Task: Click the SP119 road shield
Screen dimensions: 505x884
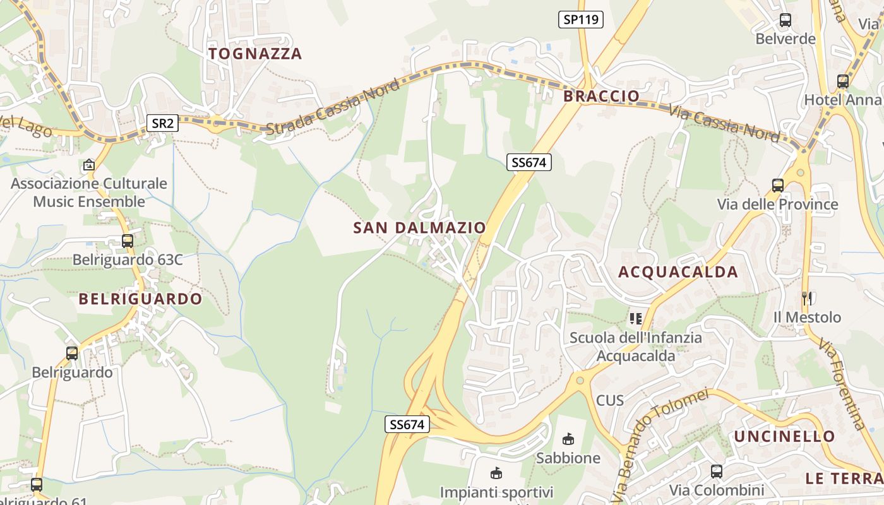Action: click(581, 20)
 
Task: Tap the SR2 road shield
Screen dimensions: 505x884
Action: click(162, 123)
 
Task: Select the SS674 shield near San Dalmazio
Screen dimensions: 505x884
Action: click(529, 162)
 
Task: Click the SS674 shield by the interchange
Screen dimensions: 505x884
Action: click(407, 424)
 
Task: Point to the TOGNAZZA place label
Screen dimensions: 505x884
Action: click(255, 54)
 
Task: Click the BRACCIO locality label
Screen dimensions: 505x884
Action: click(601, 96)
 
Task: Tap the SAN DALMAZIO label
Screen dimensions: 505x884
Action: click(420, 227)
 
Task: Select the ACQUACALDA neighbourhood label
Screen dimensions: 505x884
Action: click(678, 272)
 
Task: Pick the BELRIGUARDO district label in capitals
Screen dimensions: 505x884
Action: click(140, 299)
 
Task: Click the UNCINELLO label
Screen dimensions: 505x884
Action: click(784, 436)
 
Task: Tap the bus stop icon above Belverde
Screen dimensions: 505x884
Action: click(785, 20)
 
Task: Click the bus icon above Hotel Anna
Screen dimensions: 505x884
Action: click(842, 81)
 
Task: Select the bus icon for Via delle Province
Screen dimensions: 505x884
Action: click(777, 186)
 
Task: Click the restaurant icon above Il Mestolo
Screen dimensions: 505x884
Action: click(806, 298)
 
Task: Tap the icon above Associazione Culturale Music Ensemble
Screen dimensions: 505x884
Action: click(89, 165)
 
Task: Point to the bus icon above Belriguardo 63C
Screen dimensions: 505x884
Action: click(128, 241)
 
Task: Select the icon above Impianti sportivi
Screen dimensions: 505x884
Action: click(496, 473)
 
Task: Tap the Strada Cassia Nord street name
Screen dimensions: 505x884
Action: click(332, 107)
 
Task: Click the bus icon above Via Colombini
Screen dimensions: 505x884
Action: click(716, 471)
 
